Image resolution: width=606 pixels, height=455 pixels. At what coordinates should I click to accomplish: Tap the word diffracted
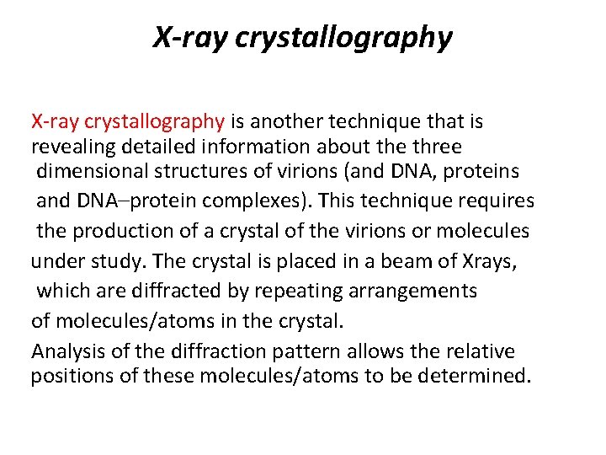coord(167,291)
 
